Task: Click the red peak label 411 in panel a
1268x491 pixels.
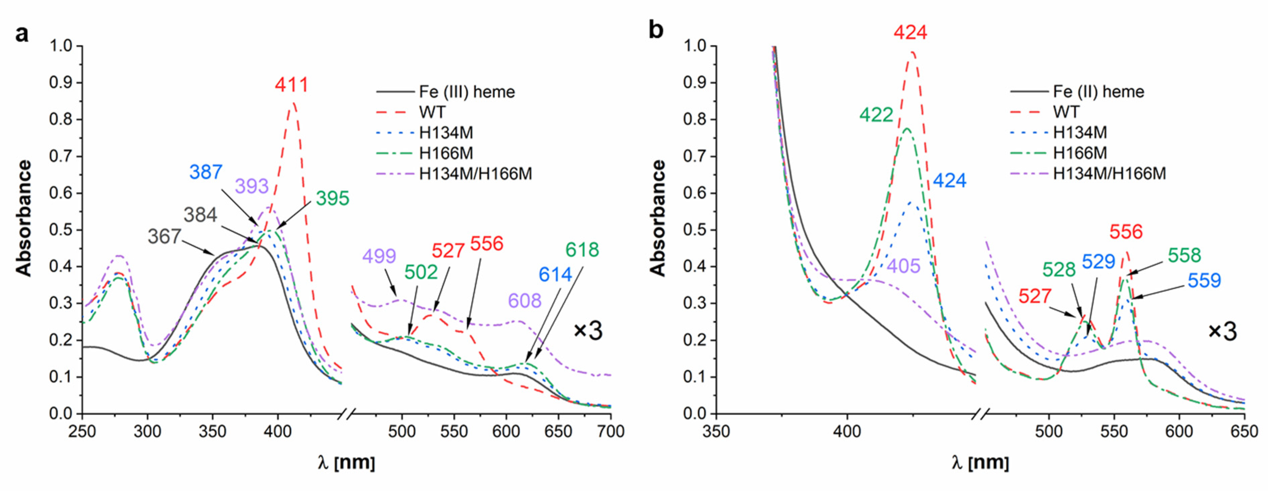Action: pos(292,85)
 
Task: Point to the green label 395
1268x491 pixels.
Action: pos(332,198)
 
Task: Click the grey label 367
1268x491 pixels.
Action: pos(164,237)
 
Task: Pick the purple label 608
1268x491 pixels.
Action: pos(524,301)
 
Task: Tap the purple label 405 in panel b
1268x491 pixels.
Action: pos(903,266)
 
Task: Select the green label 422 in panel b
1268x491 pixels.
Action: pos(876,115)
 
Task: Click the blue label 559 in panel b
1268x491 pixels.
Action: pos(1204,280)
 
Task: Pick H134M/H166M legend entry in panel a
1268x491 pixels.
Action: pos(475,174)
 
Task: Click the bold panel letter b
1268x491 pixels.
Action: pos(656,31)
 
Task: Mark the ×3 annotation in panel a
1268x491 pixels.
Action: pos(588,331)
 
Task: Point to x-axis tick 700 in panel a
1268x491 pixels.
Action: pos(610,432)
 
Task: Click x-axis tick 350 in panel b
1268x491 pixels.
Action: pos(716,432)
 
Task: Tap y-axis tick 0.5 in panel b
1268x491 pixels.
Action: pos(694,230)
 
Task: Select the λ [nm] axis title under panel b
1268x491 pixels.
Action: pos(979,463)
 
